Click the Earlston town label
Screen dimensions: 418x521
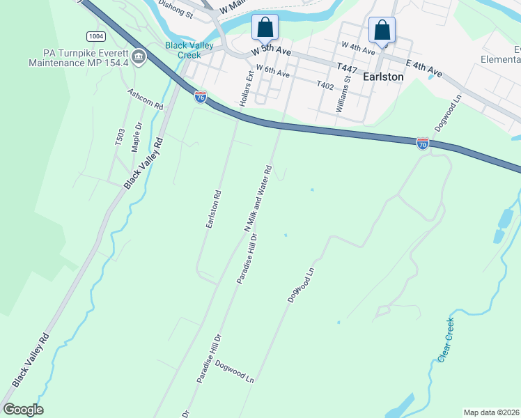pos(383,77)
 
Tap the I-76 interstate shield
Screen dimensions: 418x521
pos(201,97)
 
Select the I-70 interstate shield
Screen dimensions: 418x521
pos(423,144)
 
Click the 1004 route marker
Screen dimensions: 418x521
pos(96,36)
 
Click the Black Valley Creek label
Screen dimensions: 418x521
pos(183,50)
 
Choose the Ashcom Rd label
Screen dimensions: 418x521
pos(145,100)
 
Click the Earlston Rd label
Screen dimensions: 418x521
pos(213,210)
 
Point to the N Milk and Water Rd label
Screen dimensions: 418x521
pos(257,199)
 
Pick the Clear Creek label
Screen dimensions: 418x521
pos(446,339)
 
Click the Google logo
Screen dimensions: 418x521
pos(24,410)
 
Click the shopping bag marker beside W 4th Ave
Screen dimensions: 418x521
pos(382,30)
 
